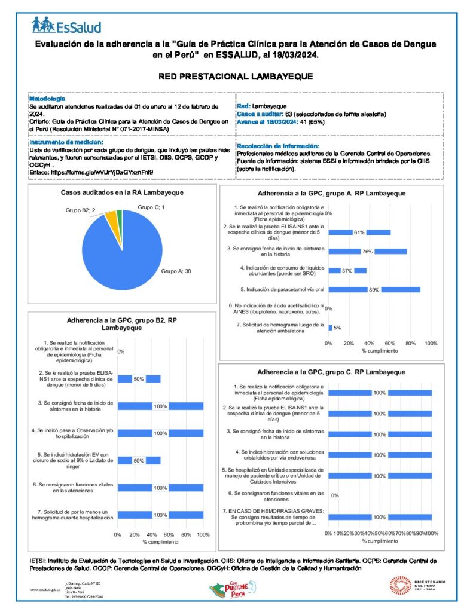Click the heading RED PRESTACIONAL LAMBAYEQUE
[236, 77]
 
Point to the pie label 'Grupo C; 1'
[151, 206]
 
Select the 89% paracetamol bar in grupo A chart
[401, 290]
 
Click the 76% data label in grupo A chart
[367, 252]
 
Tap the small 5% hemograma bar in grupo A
[331, 328]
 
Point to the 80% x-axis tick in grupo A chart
[410, 344]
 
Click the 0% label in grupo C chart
[335, 495]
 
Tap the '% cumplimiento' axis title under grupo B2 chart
[160, 542]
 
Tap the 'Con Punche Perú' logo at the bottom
[230, 591]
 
